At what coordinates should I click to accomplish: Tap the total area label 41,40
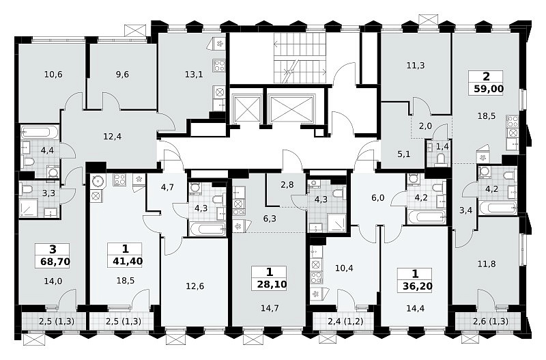point(128,261)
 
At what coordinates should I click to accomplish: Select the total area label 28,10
point(272,284)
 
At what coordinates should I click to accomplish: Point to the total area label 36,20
point(418,286)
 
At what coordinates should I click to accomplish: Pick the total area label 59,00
point(489,89)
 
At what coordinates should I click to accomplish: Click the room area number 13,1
point(194,74)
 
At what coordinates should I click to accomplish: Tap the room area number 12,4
point(113,137)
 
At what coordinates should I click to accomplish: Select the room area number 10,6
point(54,74)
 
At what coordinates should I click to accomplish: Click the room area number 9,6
point(122,74)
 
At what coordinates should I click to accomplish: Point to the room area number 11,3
point(416,65)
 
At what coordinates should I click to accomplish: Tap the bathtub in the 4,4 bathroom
point(40,133)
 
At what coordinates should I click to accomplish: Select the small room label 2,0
point(425,126)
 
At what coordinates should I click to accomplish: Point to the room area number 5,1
point(404,154)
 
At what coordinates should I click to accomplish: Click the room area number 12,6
point(195,286)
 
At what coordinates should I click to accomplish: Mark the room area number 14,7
point(270,308)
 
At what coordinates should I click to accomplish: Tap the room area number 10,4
point(344,268)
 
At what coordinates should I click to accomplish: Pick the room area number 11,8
point(487,264)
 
